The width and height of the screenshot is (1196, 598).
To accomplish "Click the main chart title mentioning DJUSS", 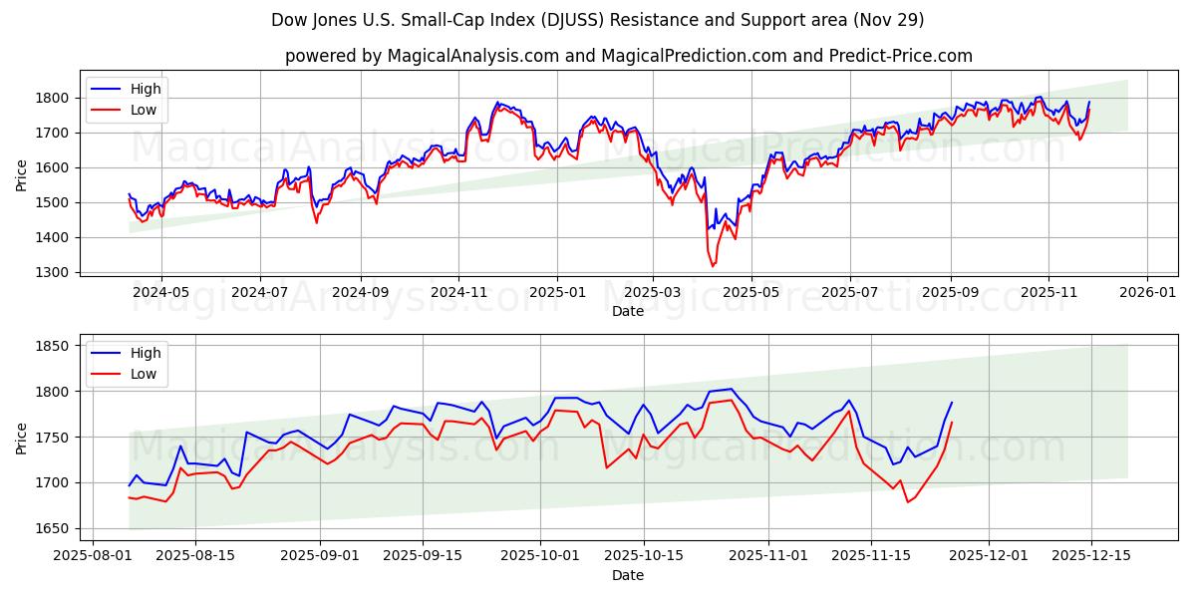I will point(598,20).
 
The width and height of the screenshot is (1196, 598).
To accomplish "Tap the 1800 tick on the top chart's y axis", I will point(54,98).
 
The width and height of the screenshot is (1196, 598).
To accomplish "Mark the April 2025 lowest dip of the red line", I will point(712,266).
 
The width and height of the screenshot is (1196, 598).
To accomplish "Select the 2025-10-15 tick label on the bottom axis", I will point(643,555).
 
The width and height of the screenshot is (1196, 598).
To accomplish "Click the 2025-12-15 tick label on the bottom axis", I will point(1090,555).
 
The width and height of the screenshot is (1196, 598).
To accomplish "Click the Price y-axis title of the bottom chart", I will point(22,438).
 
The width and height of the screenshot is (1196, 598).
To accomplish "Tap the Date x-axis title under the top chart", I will point(628,311).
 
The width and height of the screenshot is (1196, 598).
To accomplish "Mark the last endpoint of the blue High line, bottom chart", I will point(952,403).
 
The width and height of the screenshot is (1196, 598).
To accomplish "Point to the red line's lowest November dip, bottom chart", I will point(907,501).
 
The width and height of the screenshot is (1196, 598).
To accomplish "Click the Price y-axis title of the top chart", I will point(22,175).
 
